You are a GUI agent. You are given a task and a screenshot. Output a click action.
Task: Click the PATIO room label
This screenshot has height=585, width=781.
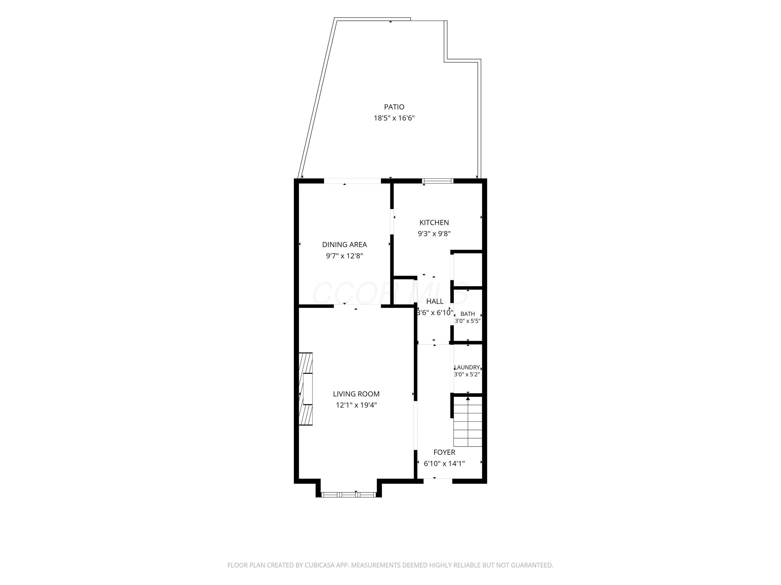click(394, 107)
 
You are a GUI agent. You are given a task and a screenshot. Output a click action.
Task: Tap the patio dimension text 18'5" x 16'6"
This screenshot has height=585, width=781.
click(394, 118)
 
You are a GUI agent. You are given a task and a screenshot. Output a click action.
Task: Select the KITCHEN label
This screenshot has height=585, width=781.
click(434, 223)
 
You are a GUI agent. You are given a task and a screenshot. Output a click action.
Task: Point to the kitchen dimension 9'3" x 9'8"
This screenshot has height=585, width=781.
click(434, 233)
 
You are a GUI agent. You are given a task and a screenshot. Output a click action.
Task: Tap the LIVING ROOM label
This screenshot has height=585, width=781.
click(356, 394)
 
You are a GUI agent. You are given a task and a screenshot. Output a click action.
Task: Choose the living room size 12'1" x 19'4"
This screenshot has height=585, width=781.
click(356, 405)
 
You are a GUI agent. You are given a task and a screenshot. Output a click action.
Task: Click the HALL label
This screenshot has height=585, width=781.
click(435, 302)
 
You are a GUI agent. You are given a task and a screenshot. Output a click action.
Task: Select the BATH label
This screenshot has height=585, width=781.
click(468, 314)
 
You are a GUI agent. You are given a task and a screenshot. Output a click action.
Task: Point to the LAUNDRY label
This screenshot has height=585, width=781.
click(467, 367)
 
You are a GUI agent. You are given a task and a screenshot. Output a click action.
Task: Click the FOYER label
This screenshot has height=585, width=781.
click(444, 452)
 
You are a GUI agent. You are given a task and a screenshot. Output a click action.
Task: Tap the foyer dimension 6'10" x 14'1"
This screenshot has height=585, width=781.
click(444, 464)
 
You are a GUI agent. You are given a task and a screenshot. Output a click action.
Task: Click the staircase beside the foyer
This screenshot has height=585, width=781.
click(468, 422)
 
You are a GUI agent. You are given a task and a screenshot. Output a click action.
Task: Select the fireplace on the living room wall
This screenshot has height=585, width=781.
click(306, 389)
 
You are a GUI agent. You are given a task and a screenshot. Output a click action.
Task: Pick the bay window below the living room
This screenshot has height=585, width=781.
click(349, 495)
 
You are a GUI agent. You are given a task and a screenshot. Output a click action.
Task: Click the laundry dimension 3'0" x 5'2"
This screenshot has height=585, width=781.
click(467, 374)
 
